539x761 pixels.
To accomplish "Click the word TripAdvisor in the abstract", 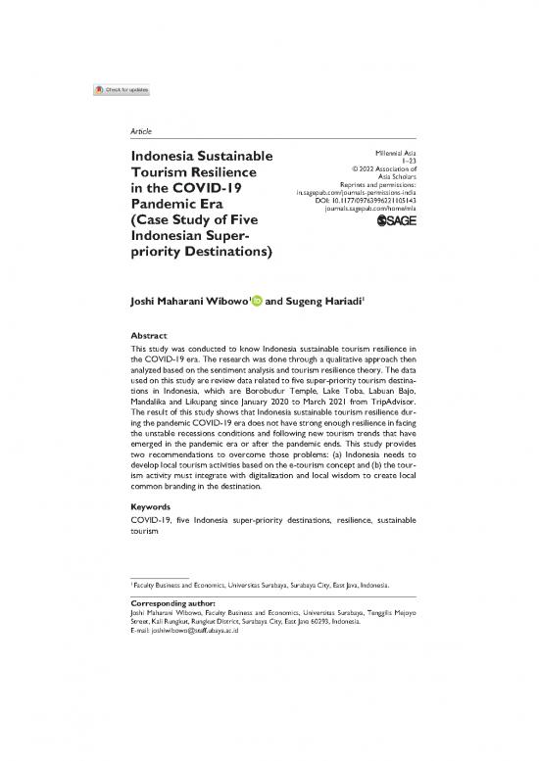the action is (x=387, y=411).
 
